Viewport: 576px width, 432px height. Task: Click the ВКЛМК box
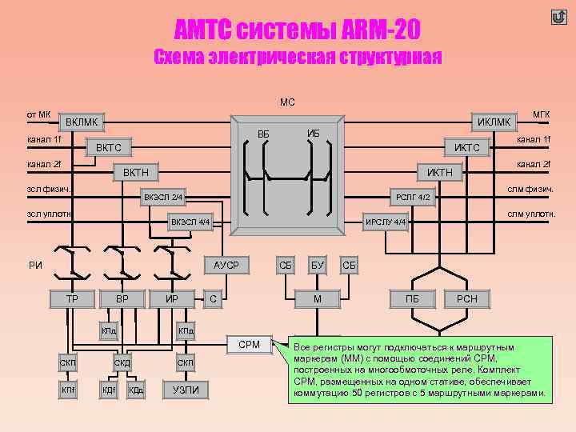82,122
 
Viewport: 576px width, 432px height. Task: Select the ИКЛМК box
494,122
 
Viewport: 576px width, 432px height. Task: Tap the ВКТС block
109,148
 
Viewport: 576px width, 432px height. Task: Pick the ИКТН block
440,173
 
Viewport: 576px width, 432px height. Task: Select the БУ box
318,265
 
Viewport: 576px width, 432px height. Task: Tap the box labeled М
318,299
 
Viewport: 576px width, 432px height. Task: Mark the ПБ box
413,299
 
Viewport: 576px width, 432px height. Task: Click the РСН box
466,299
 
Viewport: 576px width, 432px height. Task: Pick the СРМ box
250,344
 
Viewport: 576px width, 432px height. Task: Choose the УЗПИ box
186,390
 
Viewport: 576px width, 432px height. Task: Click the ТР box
71,299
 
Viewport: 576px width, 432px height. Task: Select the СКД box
122,364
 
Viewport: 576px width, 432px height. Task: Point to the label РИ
35,266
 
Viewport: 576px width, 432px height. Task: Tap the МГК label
542,114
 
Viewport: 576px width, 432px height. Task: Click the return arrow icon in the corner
558,18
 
